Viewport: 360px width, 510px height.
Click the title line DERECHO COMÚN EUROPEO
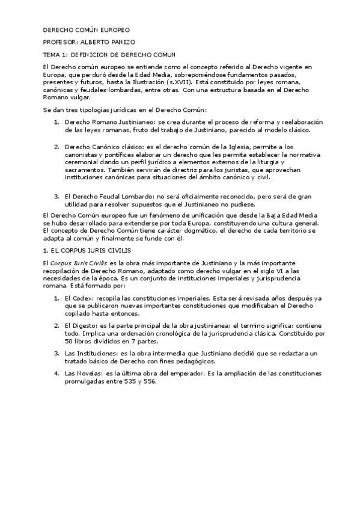tap(86, 29)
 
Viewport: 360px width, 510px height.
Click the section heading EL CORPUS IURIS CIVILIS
tap(84, 249)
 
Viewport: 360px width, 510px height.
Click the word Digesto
tap(83, 325)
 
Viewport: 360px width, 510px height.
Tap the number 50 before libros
tap(68, 340)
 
